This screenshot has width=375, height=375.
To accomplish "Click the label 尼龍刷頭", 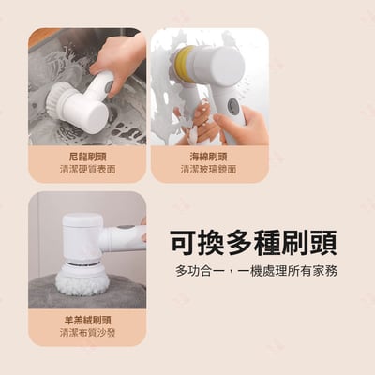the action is (87, 157).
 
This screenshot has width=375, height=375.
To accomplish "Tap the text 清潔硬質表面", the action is (87, 170).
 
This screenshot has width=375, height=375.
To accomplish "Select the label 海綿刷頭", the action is (208, 157).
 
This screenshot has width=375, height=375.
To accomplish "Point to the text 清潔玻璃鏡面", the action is (208, 170).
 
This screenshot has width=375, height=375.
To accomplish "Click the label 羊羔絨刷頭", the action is (87, 321).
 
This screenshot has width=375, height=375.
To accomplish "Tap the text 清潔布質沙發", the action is (87, 333).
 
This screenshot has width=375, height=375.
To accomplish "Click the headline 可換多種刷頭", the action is (254, 244).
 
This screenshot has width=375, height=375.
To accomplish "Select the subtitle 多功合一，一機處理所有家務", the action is (256, 271).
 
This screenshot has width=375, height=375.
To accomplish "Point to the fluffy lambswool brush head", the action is (82, 279).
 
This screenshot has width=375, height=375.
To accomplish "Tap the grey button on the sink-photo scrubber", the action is (109, 86).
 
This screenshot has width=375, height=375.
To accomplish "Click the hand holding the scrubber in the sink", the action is (120, 63).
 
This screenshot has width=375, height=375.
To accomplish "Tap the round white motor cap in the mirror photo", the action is (229, 65).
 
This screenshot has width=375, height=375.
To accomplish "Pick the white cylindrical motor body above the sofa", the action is (82, 237).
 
